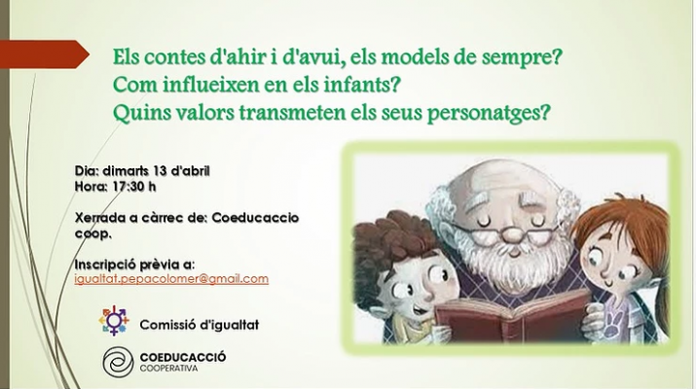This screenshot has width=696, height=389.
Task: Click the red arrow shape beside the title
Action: click(x=44, y=54)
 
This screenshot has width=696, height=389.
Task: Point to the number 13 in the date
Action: click(x=160, y=171)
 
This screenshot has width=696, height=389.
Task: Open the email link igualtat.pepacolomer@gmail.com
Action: click(x=171, y=279)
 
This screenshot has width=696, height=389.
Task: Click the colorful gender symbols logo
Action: click(x=114, y=320)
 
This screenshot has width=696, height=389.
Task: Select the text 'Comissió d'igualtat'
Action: click(x=199, y=325)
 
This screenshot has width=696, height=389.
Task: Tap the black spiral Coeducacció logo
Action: click(x=118, y=362)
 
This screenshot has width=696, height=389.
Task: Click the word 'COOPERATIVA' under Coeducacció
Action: click(x=168, y=369)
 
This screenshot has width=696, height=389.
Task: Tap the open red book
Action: click(x=511, y=316)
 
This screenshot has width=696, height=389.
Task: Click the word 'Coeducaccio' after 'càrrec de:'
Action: click(x=255, y=218)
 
